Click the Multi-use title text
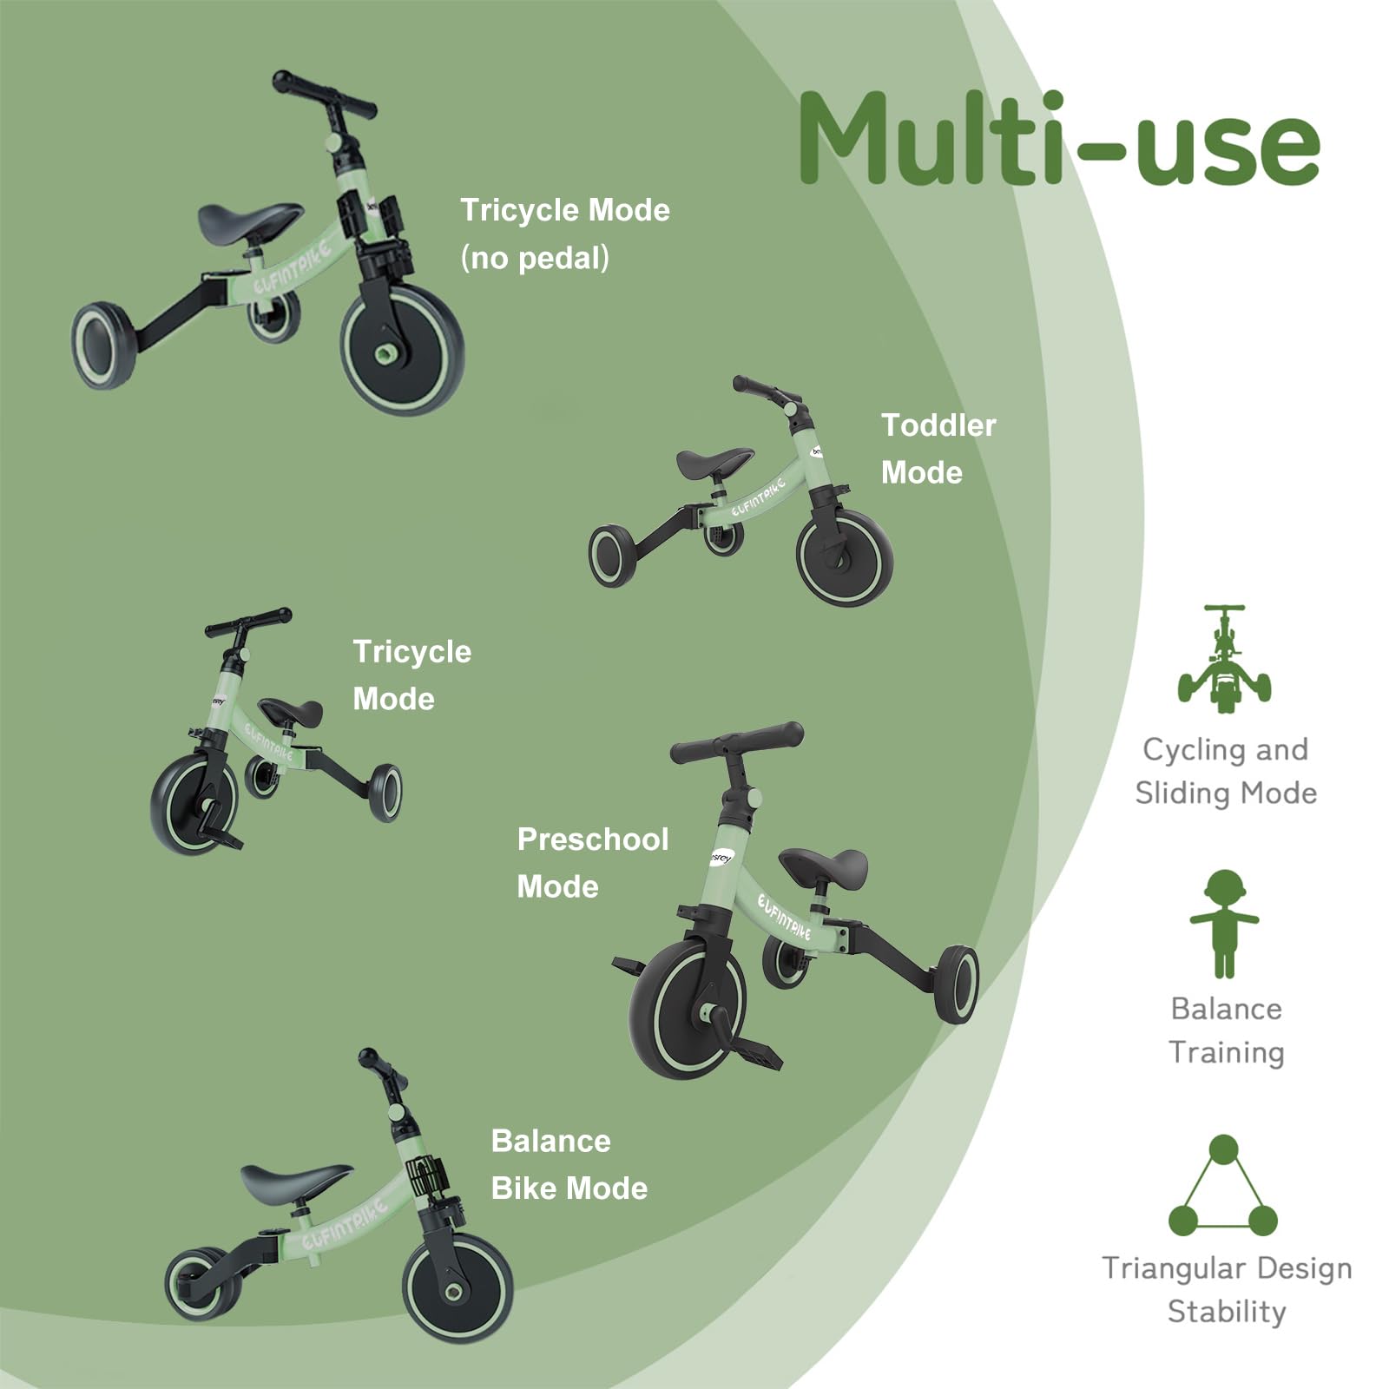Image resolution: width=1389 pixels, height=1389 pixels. click(1059, 139)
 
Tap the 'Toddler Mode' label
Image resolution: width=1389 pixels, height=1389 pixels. click(938, 449)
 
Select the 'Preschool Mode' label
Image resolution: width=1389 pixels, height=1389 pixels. click(592, 863)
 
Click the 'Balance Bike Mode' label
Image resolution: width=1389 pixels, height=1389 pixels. click(569, 1164)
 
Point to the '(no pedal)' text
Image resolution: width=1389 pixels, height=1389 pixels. click(535, 258)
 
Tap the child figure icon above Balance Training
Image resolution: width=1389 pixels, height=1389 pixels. click(1224, 924)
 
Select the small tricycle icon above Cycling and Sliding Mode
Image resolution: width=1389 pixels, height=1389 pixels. click(1224, 660)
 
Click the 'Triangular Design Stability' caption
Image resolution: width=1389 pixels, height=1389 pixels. click(1226, 1289)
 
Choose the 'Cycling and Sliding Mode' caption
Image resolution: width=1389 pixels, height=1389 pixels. click(1225, 771)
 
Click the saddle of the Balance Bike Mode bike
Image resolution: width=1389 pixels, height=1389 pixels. click(296, 1181)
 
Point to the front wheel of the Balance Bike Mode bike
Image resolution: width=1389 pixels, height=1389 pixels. click(458, 1288)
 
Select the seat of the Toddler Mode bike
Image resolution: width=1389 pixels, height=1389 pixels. click(714, 462)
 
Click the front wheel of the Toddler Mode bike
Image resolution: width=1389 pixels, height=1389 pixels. click(845, 556)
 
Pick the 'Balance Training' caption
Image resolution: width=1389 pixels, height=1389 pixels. click(1226, 1030)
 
